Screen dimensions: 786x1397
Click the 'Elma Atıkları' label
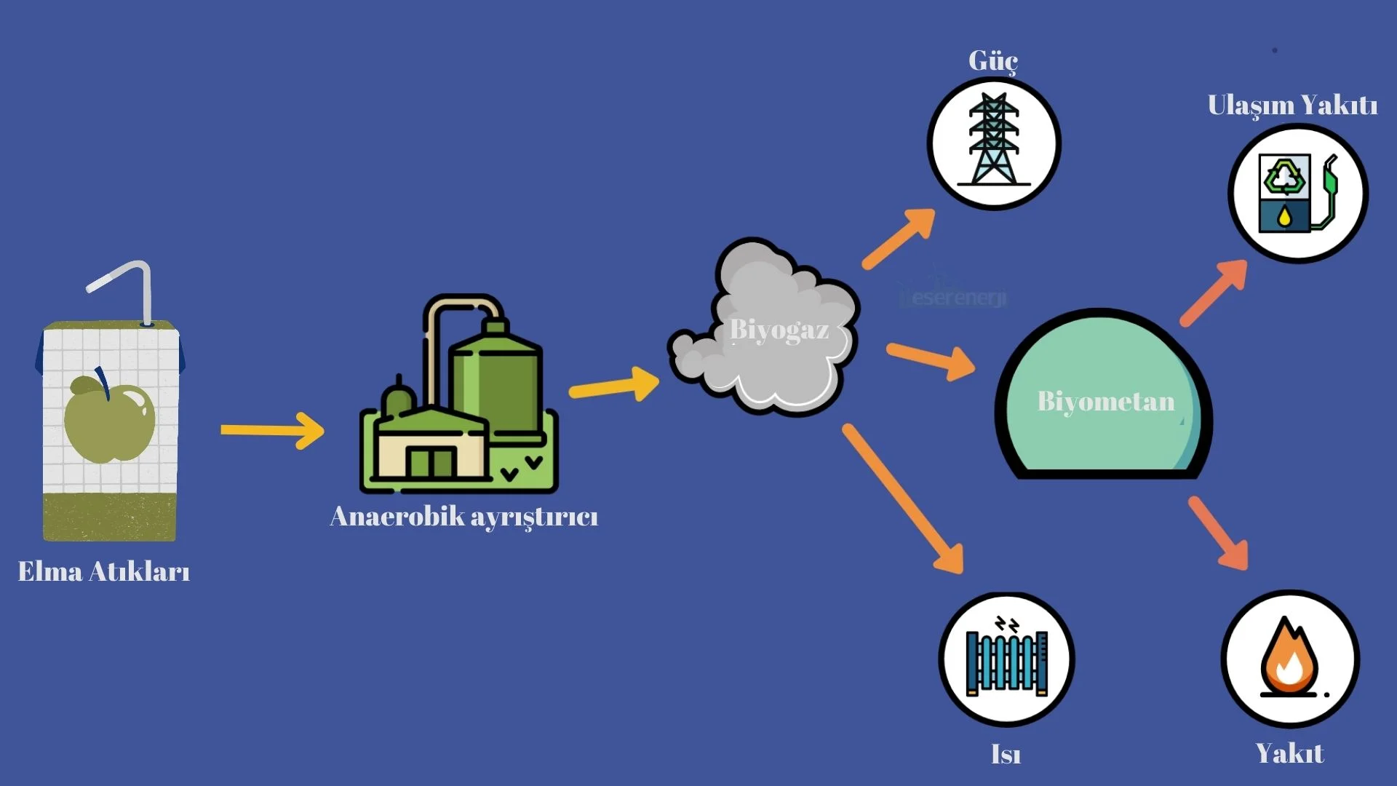(x=104, y=571)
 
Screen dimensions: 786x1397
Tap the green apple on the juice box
(x=109, y=421)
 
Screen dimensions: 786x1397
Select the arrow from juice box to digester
(x=273, y=430)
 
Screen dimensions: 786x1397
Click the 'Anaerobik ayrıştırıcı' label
(x=463, y=517)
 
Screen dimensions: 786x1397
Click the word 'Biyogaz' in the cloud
(x=779, y=330)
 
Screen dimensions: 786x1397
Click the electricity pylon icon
(x=994, y=142)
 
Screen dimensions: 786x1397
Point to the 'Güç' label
(x=992, y=61)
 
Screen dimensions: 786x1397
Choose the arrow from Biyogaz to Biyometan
(x=931, y=360)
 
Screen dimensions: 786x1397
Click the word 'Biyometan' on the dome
(x=1105, y=401)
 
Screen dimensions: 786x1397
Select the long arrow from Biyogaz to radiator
(x=902, y=499)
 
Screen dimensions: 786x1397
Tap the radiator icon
(x=1006, y=659)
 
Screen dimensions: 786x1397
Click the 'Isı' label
(x=1006, y=755)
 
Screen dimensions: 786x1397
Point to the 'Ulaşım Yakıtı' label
(x=1292, y=106)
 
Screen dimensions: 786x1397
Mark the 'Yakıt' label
(x=1289, y=753)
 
